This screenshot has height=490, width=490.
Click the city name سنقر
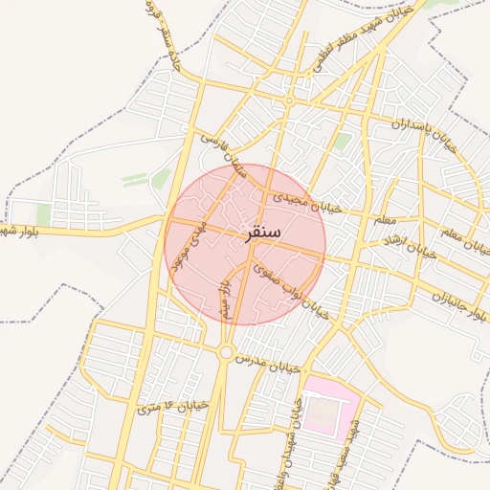260,233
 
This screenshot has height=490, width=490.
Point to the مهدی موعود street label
189,245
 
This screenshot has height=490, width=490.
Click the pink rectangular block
330,409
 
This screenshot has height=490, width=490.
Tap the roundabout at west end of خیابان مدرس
225,353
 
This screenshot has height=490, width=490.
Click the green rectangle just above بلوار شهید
42,214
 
